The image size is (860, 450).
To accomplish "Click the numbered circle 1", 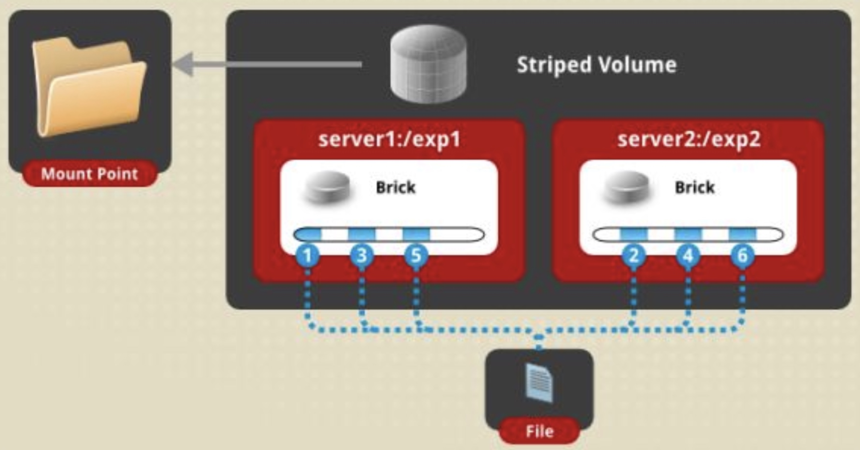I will pos(308,255).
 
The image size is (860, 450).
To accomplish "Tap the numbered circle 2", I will pos(634,255).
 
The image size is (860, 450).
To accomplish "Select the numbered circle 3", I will pos(362,255).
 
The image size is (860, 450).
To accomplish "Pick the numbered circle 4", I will pos(688,255).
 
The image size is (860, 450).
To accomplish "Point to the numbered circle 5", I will pos(416,255).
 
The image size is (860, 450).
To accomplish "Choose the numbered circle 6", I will pos(743,255).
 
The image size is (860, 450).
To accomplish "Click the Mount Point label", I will pos(89,174).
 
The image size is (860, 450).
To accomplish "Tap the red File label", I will pos(539,431).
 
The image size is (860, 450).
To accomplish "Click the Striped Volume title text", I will pos(597,65).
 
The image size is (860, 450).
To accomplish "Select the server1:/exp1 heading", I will pos(389,139).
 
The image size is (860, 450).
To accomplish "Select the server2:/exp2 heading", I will pos(689,139).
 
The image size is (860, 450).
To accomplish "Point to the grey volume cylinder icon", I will pos(428,63).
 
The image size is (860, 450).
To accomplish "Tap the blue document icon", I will pos(539,383).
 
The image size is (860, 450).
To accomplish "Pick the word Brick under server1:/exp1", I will pos(395,187).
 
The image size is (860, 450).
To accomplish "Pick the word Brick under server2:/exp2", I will pos(694,187).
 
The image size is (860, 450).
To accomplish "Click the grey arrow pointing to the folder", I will pos(266,64).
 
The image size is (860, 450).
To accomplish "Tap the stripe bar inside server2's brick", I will pos(688,235).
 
